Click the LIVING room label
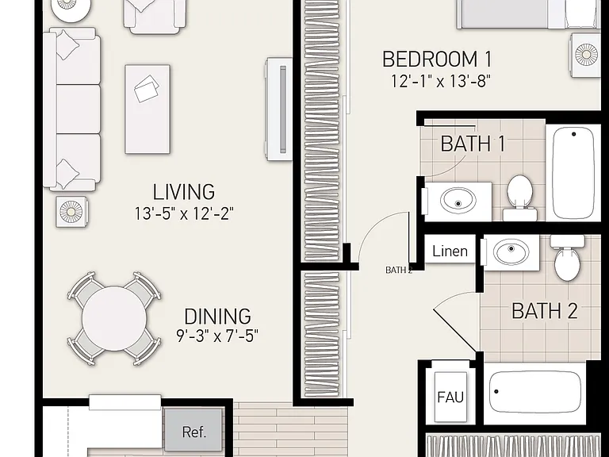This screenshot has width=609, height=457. tap(183, 191)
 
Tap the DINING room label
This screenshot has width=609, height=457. tap(217, 317)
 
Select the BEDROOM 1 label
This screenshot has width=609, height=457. tap(438, 59)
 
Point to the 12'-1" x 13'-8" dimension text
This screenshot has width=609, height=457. tap(440, 81)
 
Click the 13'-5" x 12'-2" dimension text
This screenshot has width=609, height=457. tap(184, 213)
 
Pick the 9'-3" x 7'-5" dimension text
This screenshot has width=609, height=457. tap(217, 336)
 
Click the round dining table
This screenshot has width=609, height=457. tap(114, 319)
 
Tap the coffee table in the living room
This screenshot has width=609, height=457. tap(147, 109)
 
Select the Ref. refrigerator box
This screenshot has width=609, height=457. tap(193, 428)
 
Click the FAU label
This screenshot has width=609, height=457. tap(450, 397)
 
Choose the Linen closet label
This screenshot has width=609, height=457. tap(450, 251)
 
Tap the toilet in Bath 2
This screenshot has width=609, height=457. tap(567, 257)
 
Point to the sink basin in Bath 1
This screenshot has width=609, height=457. tap(458, 201)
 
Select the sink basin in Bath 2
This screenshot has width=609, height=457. tap(511, 252)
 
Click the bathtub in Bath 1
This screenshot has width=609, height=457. tap(573, 173)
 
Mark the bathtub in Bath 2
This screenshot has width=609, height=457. tap(535, 392)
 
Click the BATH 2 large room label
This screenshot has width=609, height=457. tap(545, 311)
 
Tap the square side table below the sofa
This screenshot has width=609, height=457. tap(71, 212)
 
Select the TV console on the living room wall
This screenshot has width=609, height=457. tap(279, 109)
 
